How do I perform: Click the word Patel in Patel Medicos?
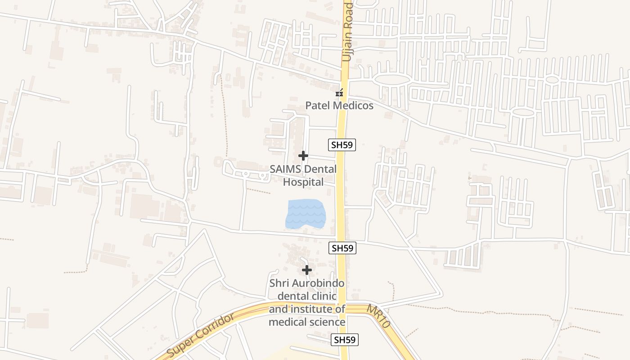pyautogui.click(x=318, y=106)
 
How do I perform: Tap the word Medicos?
pyautogui.click(x=352, y=106)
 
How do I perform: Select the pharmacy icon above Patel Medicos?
pyautogui.click(x=340, y=93)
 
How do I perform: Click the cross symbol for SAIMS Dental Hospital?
pyautogui.click(x=303, y=156)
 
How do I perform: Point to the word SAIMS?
pyautogui.click(x=285, y=170)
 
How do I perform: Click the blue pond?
pyautogui.click(x=306, y=213)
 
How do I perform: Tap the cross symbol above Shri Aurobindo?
pyautogui.click(x=307, y=270)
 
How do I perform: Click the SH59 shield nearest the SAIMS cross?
pyautogui.click(x=342, y=144)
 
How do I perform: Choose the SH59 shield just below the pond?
pyautogui.click(x=342, y=247)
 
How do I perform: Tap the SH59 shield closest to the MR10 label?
pyautogui.click(x=345, y=340)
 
